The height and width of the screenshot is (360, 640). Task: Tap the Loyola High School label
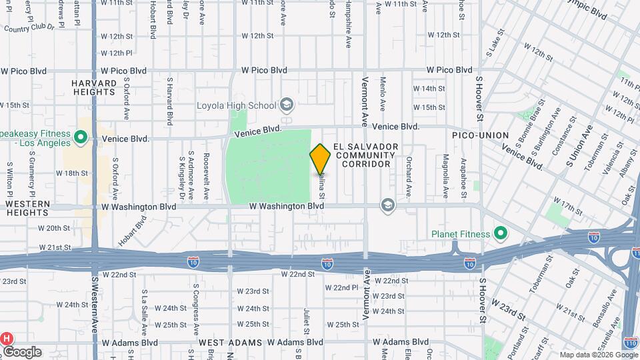click(x=236, y=105)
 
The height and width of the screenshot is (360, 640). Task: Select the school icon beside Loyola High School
click(x=286, y=105)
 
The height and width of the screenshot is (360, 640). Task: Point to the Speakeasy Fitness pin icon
click(x=81, y=138)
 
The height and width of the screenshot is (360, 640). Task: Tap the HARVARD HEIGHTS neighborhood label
click(x=93, y=87)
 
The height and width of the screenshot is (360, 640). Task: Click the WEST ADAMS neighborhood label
click(x=224, y=342)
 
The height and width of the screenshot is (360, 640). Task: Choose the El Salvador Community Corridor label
click(x=366, y=155)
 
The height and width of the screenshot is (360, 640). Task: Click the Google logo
click(x=21, y=352)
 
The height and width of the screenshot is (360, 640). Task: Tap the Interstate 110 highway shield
click(x=631, y=342)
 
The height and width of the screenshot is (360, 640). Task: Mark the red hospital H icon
click(x=7, y=338)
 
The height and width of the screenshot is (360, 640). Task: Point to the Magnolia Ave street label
click(x=445, y=176)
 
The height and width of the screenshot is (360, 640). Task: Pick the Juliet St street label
click(x=307, y=321)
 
